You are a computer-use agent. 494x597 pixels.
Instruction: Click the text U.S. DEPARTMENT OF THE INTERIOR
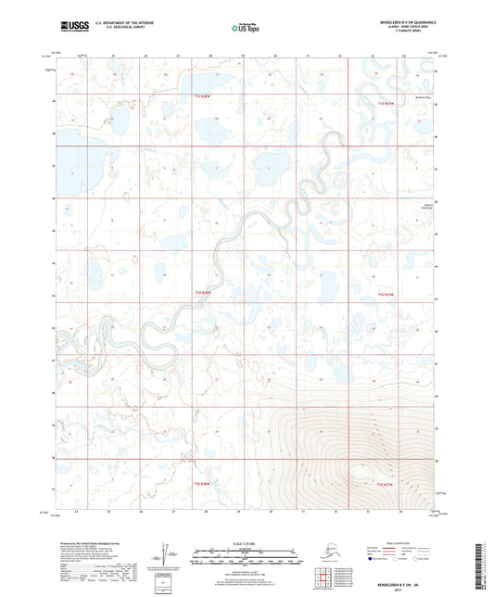coord(119,20)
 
